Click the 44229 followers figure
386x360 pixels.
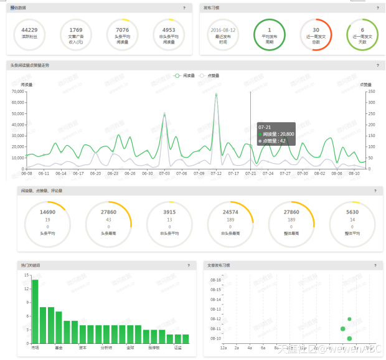pyautogui.click(x=29, y=29)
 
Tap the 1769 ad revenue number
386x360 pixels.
pyautogui.click(x=76, y=29)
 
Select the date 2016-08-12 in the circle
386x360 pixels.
pyautogui.click(x=223, y=29)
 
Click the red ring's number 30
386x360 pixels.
pyautogui.click(x=316, y=29)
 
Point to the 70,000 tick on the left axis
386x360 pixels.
pyautogui.click(x=17, y=92)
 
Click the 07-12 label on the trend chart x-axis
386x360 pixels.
pyautogui.click(x=216, y=173)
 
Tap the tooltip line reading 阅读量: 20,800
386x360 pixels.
pyautogui.click(x=277, y=134)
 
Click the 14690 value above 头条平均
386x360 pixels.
pyautogui.click(x=48, y=212)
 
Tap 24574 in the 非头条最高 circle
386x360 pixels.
pyautogui.click(x=231, y=212)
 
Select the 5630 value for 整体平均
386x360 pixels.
pyautogui.click(x=352, y=212)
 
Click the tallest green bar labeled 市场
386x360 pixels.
pyautogui.click(x=35, y=311)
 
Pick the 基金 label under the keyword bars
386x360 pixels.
pyautogui.click(x=59, y=348)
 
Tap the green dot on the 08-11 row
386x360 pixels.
pyautogui.click(x=342, y=328)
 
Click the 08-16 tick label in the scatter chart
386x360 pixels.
pyautogui.click(x=215, y=280)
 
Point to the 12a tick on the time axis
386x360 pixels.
pyautogui.click(x=224, y=348)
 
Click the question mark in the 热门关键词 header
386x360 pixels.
pyautogui.click(x=189, y=265)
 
